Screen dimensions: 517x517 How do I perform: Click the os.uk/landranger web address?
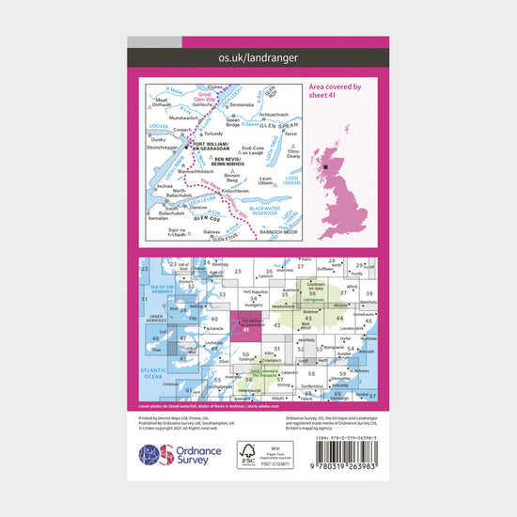pyautogui.click(x=258, y=58)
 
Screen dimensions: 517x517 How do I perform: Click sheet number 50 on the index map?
pyautogui.click(x=245, y=353)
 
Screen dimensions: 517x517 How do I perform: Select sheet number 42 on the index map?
pyautogui.click(x=277, y=325)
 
